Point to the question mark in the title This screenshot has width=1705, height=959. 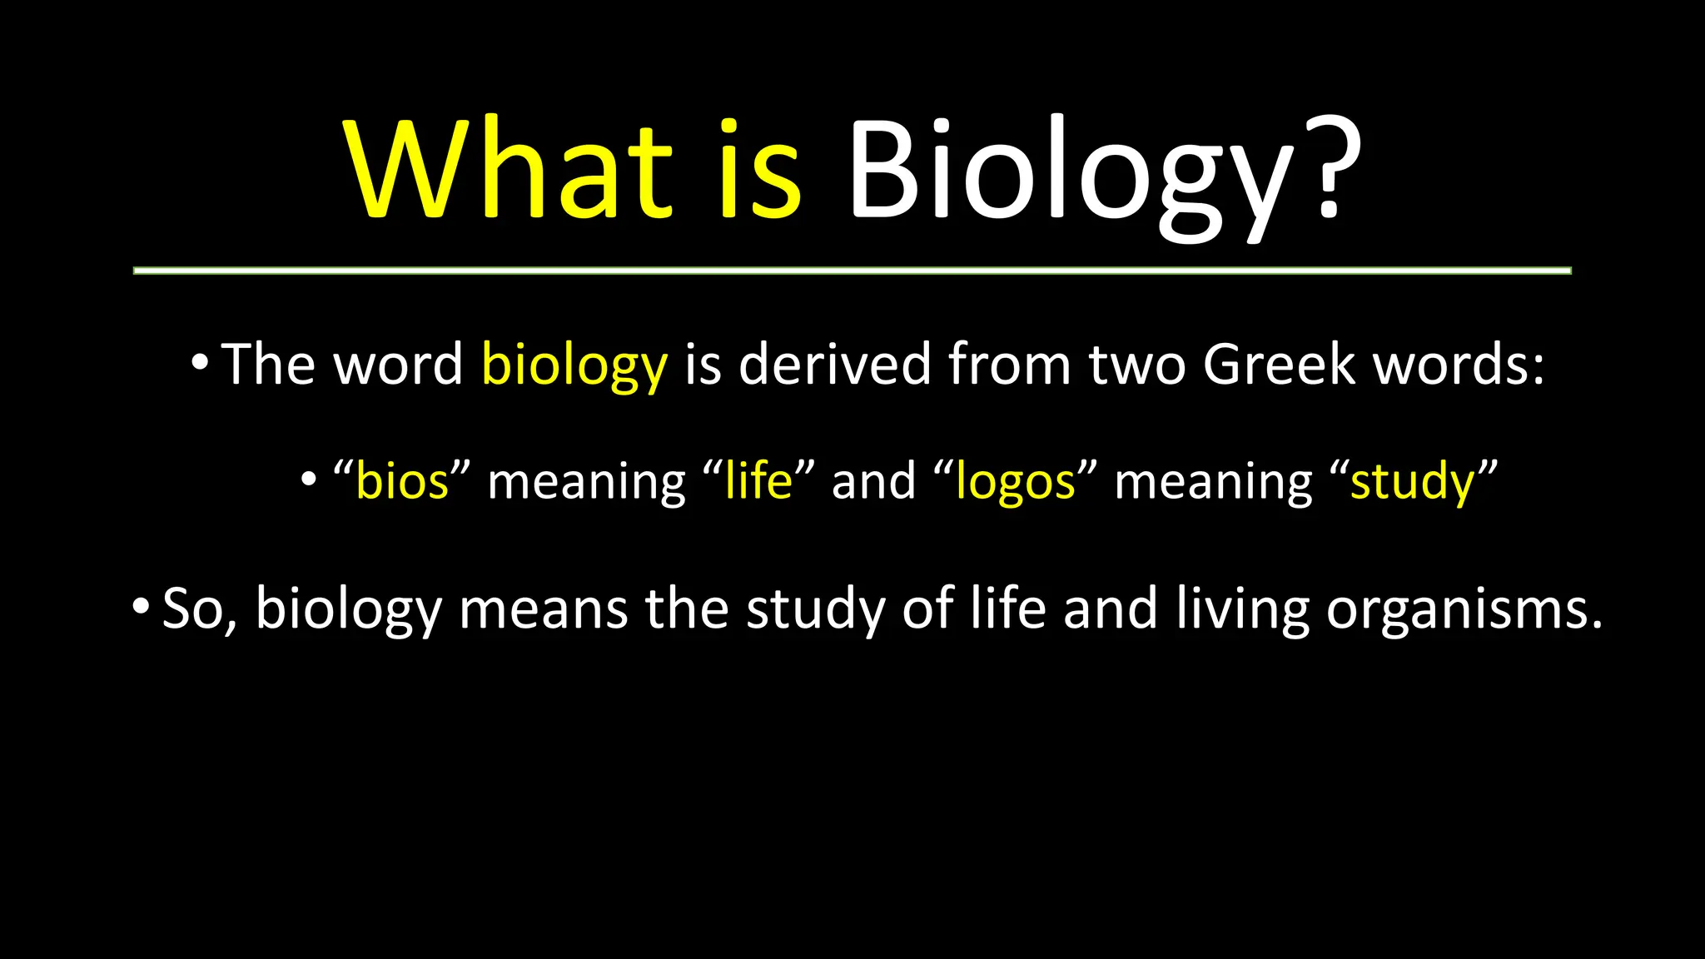point(1332,166)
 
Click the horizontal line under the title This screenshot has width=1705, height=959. point(852,271)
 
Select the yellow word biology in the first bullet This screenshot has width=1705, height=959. point(574,366)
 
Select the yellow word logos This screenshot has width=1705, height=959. point(1016,483)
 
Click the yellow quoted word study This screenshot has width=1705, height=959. point(1412,483)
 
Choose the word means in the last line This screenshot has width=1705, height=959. point(543,609)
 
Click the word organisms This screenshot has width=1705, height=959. point(1463,610)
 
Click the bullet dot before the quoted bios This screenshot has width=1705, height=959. point(309,479)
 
